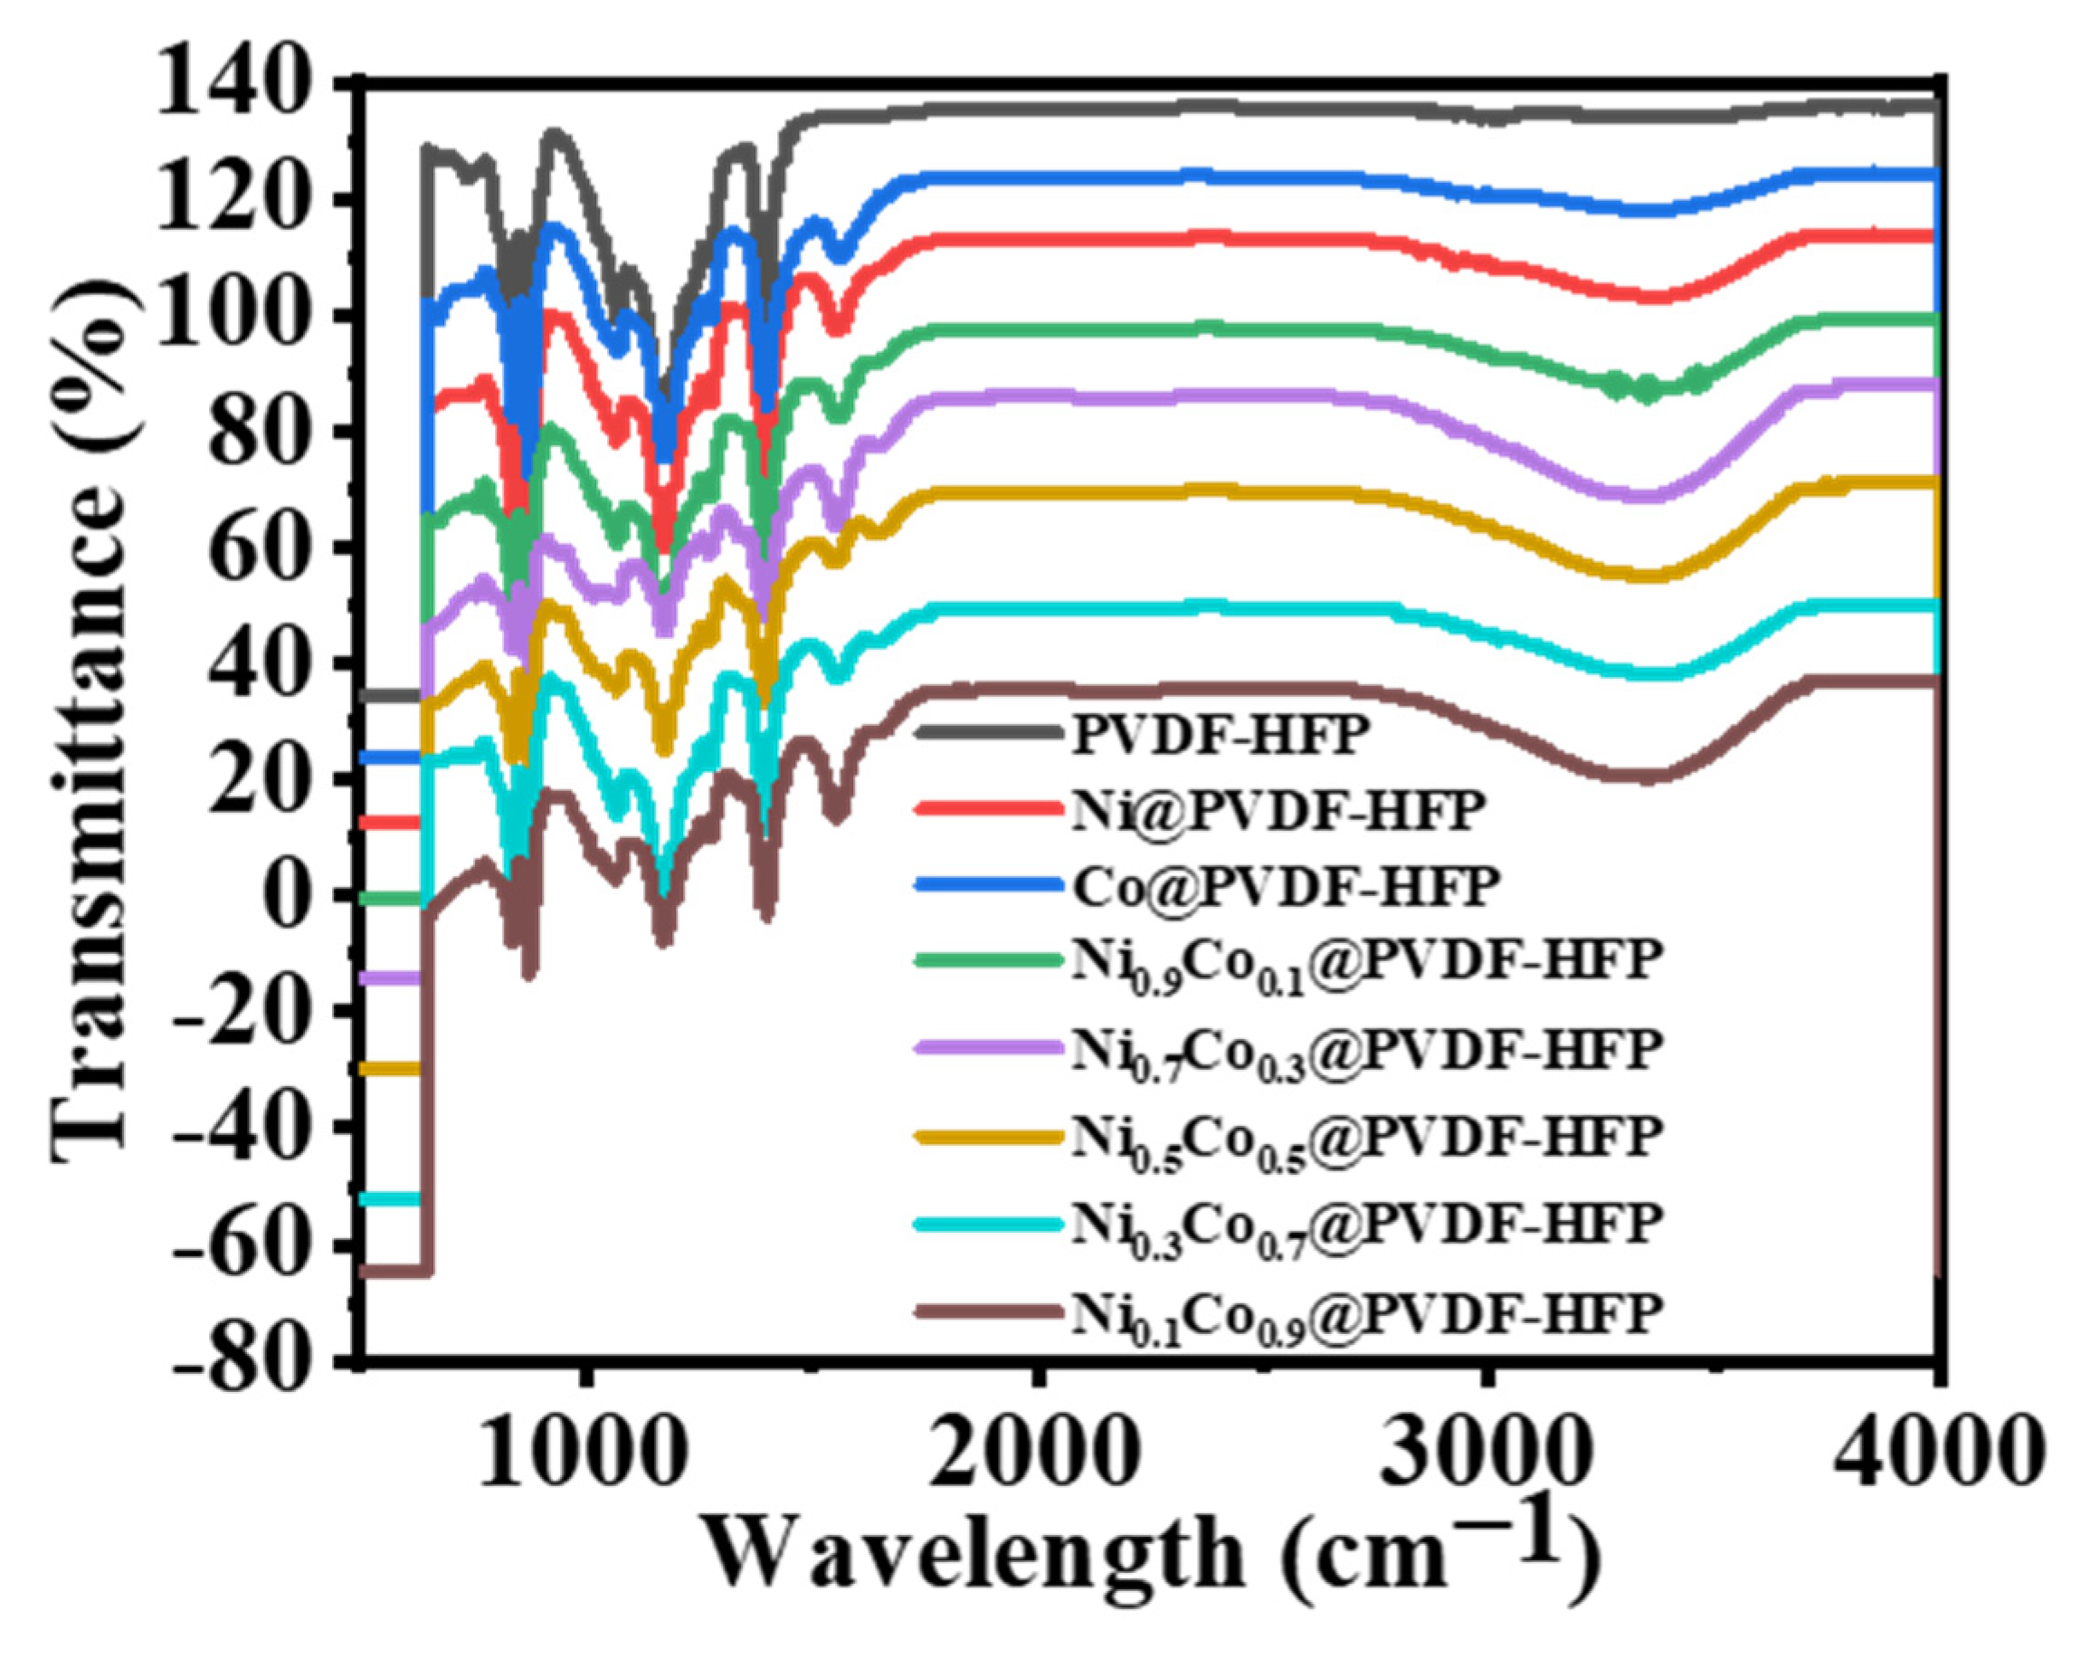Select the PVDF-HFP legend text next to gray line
1221,735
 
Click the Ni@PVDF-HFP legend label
1278,811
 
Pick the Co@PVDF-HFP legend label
1286,885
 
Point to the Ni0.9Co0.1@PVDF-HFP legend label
1367,962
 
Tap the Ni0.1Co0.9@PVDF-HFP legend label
1367,1316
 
